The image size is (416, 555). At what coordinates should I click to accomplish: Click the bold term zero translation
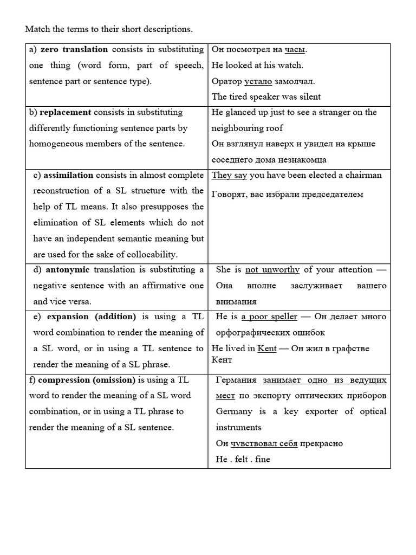tap(74, 49)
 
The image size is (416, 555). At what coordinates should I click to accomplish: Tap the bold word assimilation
tap(68, 175)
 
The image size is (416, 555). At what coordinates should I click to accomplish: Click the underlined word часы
tap(295, 49)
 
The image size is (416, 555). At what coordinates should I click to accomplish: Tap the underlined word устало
tap(257, 81)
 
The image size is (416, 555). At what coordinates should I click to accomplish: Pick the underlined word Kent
tap(267, 349)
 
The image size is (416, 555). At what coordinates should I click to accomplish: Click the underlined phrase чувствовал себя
tap(264, 443)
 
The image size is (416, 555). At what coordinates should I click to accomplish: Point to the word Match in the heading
tap(38, 29)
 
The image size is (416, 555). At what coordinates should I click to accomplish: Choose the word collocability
tap(148, 254)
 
